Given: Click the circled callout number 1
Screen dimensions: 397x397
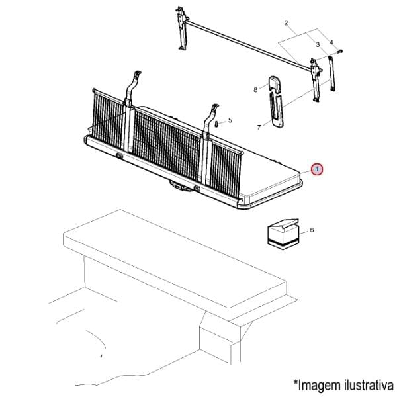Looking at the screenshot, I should (318, 170).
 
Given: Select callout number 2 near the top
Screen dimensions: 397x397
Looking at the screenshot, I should (286, 23).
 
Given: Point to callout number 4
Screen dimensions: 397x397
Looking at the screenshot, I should (331, 43).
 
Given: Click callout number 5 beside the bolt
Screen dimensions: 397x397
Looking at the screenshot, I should (230, 120).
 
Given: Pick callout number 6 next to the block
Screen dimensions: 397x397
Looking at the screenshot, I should (311, 230).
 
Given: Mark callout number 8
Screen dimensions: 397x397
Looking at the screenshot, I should (255, 88).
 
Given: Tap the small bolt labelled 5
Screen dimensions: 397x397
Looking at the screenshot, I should (216, 122).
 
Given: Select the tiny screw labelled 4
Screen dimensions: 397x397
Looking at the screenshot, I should (339, 51).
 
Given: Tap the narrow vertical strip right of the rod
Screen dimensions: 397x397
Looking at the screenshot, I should (332, 73).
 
